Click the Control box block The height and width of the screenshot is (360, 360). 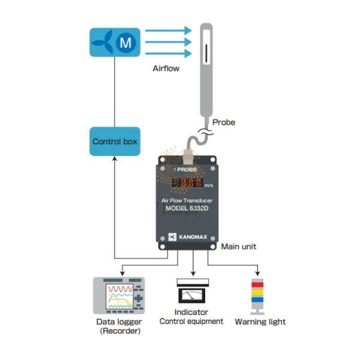(x=115, y=142)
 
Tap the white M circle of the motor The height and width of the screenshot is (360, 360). (x=125, y=43)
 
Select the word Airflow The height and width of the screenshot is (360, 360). (x=166, y=69)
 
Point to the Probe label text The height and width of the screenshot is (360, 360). (x=224, y=122)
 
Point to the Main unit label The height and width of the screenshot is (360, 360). (x=239, y=247)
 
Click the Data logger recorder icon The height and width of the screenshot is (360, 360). (x=119, y=295)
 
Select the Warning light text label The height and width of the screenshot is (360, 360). (x=260, y=322)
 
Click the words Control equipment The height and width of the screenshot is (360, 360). (x=191, y=322)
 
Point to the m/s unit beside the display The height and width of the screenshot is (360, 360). (x=208, y=186)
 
